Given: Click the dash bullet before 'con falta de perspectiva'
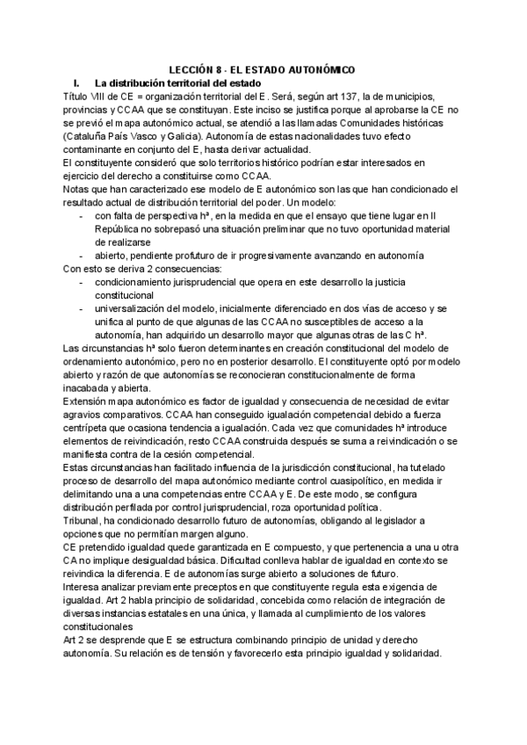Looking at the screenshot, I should tap(83, 216).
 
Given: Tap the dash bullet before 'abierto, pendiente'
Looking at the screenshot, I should tap(83, 255).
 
